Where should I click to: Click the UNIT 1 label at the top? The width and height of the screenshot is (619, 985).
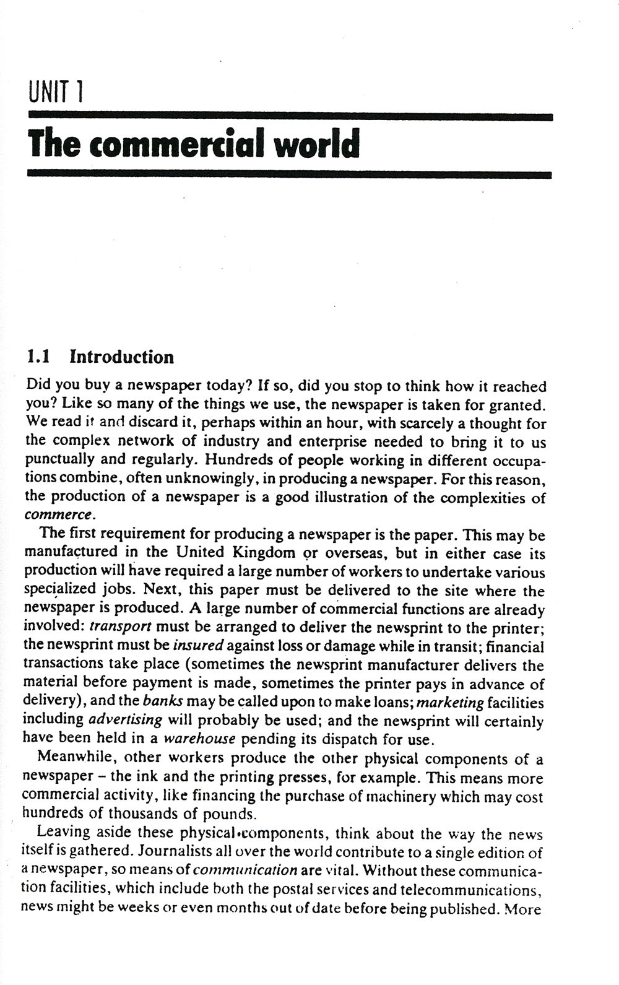[56, 93]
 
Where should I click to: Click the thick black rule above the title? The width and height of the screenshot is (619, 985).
[290, 116]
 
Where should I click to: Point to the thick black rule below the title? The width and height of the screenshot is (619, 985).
[290, 175]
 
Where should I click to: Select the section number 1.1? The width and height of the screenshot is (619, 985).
[38, 357]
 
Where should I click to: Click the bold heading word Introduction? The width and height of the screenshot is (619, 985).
[121, 357]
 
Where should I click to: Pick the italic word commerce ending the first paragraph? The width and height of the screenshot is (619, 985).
[59, 515]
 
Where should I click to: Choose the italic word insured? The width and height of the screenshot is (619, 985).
[197, 646]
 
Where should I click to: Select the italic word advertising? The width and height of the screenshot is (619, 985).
[125, 721]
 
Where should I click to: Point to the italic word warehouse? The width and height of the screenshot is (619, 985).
[199, 739]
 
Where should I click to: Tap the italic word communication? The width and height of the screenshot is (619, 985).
[245, 871]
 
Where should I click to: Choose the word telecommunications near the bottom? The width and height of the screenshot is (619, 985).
[471, 890]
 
